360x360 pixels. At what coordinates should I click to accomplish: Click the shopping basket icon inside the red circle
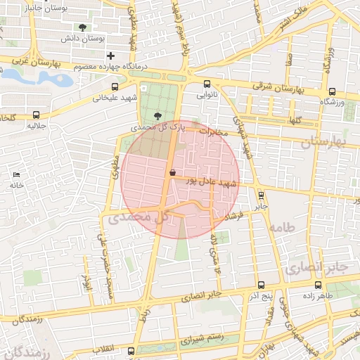173,172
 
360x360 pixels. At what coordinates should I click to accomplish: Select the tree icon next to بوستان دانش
84,27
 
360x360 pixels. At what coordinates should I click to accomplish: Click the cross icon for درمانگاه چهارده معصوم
110,56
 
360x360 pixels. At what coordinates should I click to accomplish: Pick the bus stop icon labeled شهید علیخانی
96,88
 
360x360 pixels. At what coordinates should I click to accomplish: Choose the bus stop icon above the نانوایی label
206,84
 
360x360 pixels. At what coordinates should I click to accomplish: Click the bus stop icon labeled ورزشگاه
332,91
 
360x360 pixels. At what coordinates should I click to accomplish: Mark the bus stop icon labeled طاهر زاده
319,285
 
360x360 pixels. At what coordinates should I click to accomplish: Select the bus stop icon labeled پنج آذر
261,285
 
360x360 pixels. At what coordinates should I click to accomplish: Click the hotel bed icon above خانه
16,174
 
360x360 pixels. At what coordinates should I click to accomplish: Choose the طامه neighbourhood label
280,227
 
